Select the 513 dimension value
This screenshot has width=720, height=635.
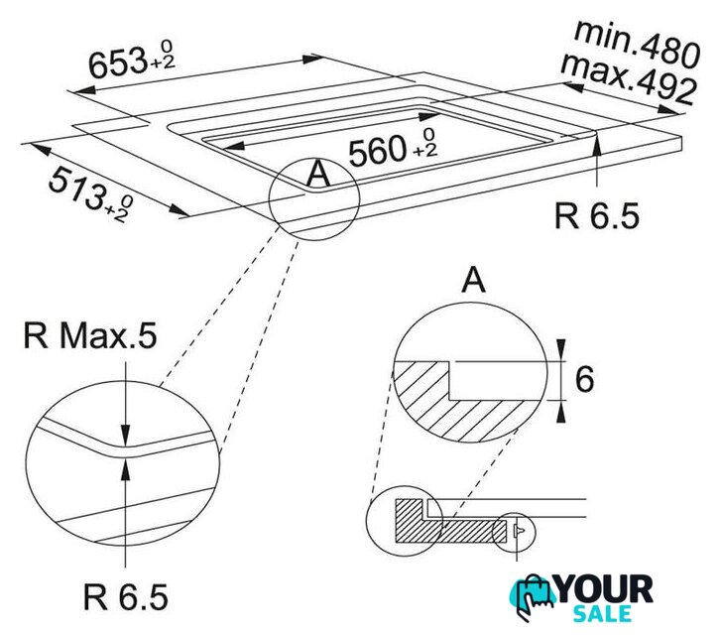click(76, 188)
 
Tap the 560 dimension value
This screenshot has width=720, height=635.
click(379, 152)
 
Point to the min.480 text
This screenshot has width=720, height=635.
click(638, 44)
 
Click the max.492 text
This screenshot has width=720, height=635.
click(628, 78)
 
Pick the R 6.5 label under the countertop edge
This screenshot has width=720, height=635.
click(596, 216)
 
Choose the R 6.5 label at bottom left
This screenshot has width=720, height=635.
click(126, 597)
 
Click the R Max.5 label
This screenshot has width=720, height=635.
click(90, 336)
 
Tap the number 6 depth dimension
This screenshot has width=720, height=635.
click(584, 380)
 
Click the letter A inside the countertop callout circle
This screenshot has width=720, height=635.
click(318, 175)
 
